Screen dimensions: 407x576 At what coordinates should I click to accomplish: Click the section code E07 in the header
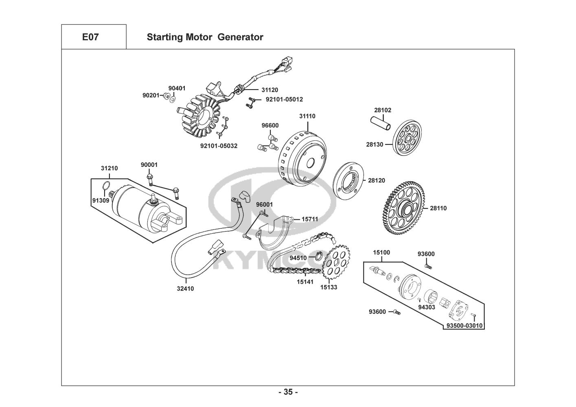pos(90,37)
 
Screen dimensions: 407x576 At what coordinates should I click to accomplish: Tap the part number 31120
pos(270,90)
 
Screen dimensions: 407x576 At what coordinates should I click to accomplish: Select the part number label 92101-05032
pos(219,146)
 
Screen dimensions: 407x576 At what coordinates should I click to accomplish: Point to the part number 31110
pos(307,116)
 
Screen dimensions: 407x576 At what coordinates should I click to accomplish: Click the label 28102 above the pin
pos(383,110)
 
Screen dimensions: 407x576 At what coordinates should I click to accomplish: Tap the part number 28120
pos(377,180)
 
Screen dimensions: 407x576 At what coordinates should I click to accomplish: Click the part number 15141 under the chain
pos(305,282)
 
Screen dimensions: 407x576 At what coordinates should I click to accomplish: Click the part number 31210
pos(109,168)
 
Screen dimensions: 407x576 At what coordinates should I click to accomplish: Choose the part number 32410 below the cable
pos(185,289)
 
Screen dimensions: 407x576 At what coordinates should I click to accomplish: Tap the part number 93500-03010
pos(464,325)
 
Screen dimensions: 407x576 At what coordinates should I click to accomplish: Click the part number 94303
pos(427,307)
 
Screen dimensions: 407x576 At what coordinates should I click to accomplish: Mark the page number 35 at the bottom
pos(288,392)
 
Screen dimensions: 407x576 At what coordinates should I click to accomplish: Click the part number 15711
pos(310,219)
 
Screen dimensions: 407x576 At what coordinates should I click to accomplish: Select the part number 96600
pos(270,125)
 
